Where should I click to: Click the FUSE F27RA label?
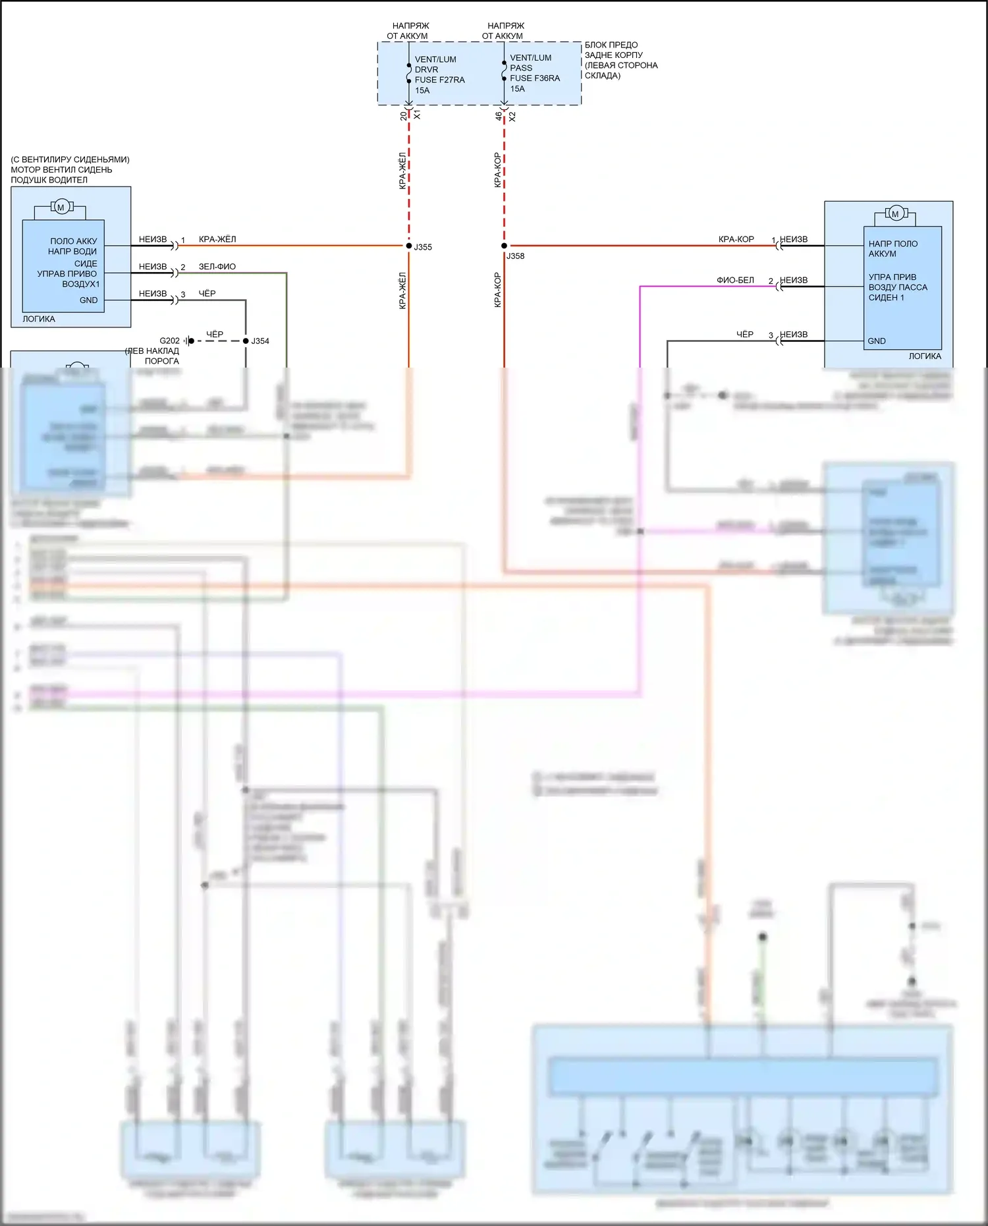(439, 80)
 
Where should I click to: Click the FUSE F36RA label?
(534, 78)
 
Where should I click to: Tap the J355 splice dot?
(409, 246)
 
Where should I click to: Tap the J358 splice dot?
(505, 246)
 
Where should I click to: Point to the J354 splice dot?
(246, 341)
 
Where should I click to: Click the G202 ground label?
(169, 341)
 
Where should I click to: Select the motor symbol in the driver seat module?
(61, 208)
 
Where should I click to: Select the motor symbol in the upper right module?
(894, 213)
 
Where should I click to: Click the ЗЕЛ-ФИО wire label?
(217, 267)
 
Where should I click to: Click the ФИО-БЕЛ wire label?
(735, 280)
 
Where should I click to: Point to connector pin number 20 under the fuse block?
(404, 116)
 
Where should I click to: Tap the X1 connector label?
(418, 115)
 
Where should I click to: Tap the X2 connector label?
(512, 116)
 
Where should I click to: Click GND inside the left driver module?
(88, 300)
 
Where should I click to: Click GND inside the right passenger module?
(876, 341)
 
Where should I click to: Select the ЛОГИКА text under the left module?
(39, 319)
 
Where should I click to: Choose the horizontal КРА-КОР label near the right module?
(736, 240)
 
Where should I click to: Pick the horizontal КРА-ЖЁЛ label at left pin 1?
(217, 240)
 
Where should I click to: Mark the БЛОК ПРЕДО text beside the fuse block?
(611, 45)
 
